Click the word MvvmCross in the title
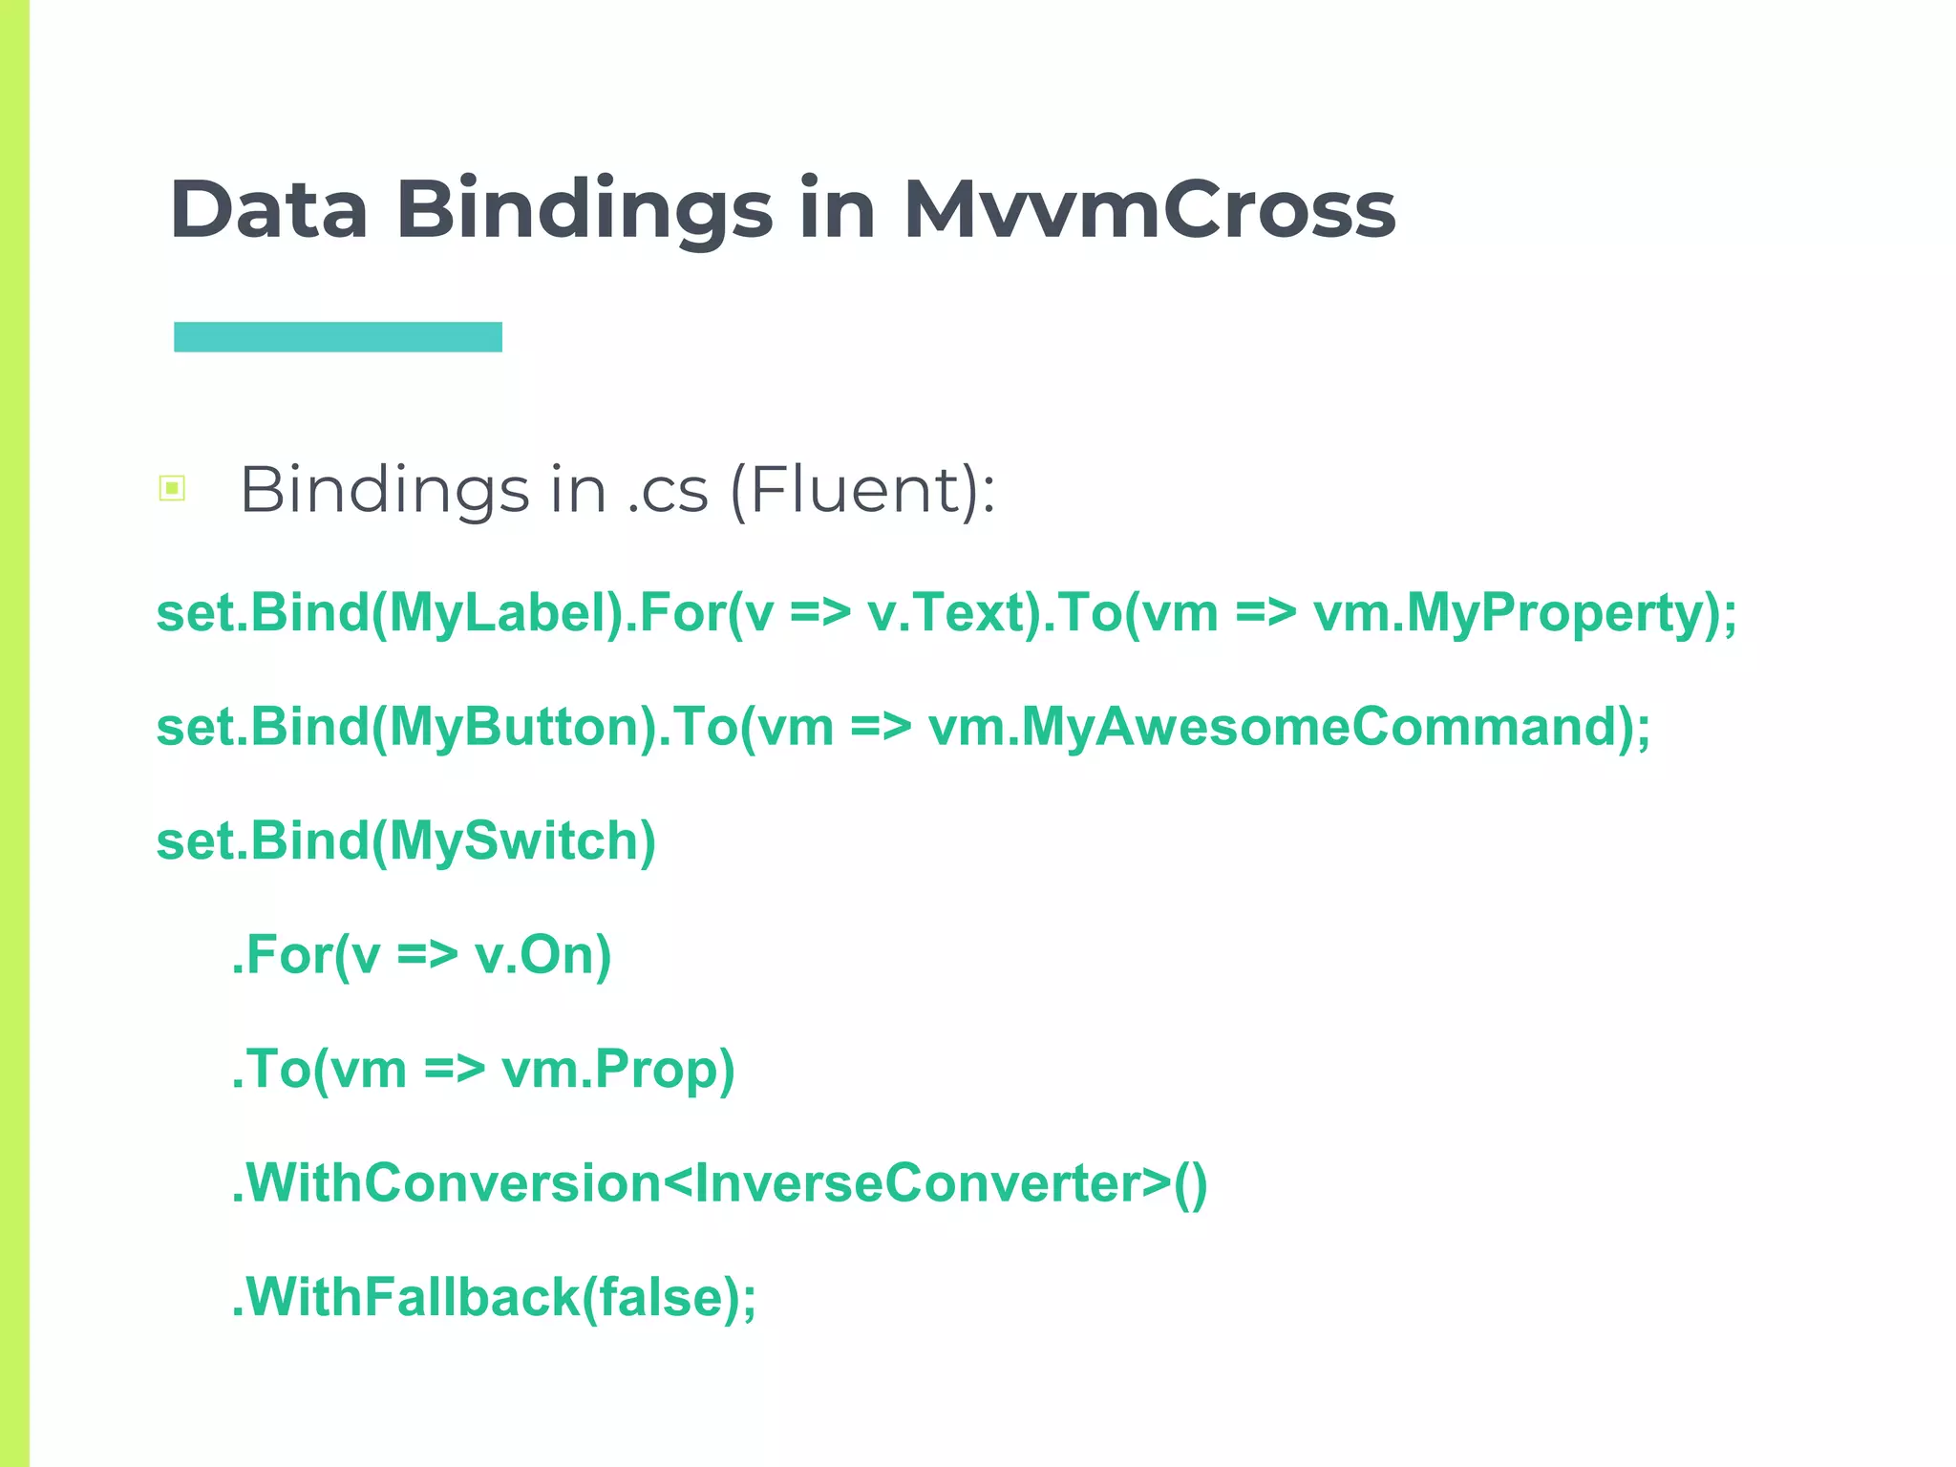click(1149, 209)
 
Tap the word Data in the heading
click(268, 209)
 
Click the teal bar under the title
click(337, 337)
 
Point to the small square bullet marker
click(172, 489)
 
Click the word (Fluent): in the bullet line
click(862, 490)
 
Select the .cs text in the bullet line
click(668, 491)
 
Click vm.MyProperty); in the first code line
click(1525, 613)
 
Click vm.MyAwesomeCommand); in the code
click(1288, 728)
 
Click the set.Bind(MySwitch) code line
click(406, 841)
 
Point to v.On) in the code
click(542, 955)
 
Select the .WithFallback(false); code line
click(494, 1298)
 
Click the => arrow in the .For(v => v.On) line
click(427, 955)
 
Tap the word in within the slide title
click(838, 209)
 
